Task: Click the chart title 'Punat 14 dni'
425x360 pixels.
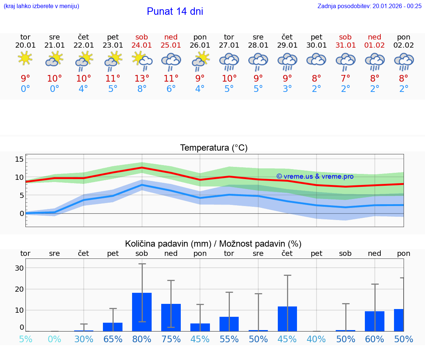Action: click(175, 11)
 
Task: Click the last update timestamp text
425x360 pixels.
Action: click(369, 6)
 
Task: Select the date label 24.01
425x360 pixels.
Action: click(142, 45)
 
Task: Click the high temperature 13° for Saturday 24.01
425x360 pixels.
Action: click(142, 78)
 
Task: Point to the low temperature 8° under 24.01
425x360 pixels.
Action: click(142, 89)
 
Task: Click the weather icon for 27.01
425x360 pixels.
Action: click(229, 61)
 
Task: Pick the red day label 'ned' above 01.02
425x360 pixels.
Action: click(374, 37)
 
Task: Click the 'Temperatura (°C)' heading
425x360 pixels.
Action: click(214, 148)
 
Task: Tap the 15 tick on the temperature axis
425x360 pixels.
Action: click(19, 159)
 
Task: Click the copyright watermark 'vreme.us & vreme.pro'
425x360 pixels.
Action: click(315, 176)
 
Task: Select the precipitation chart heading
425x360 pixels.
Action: click(213, 244)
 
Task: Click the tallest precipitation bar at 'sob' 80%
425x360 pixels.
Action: click(142, 312)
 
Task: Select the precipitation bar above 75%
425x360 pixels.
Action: click(171, 317)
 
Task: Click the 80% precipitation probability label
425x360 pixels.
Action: click(142, 339)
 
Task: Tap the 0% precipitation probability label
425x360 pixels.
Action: click(54, 339)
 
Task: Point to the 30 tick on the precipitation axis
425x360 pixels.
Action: click(19, 268)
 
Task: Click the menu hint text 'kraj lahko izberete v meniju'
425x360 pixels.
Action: click(41, 6)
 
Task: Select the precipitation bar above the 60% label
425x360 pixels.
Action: click(374, 321)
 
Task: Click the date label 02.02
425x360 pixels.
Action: click(404, 45)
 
